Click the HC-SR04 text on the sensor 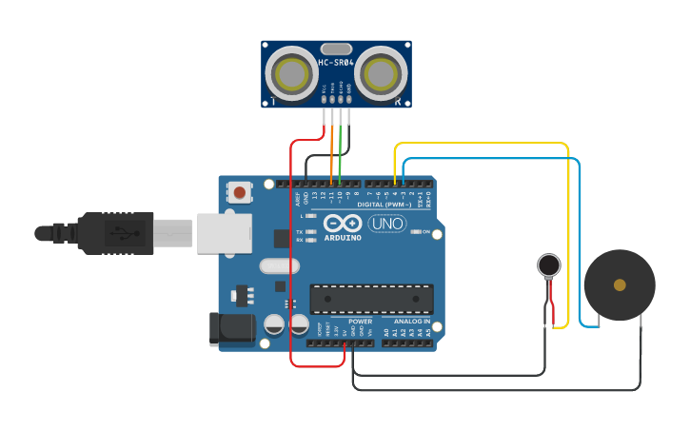[x=336, y=63]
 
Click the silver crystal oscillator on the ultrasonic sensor [x=336, y=49]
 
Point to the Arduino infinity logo [x=342, y=224]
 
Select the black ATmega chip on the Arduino [x=371, y=299]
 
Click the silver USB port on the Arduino [x=223, y=233]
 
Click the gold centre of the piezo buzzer [x=620, y=284]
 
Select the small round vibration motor [x=548, y=264]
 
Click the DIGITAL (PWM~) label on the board [x=384, y=205]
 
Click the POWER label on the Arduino [x=360, y=322]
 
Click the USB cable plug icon [x=125, y=232]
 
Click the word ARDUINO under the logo [x=342, y=237]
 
